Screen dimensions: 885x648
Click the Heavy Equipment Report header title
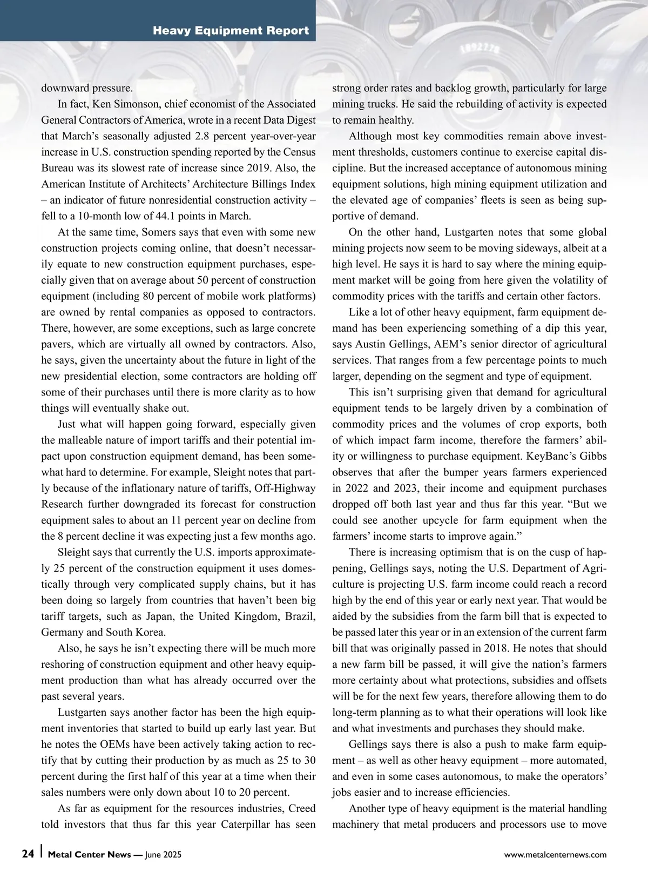tap(231, 31)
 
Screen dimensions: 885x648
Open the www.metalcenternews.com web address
tap(555, 855)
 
